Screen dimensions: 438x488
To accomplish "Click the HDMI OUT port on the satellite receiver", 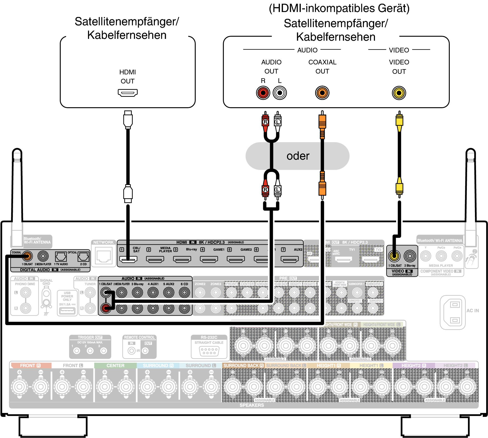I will [128, 93].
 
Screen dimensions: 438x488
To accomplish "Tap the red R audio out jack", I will [263, 93].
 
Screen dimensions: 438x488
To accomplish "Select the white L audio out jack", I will [280, 93].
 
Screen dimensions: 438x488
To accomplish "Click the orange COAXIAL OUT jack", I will [322, 93].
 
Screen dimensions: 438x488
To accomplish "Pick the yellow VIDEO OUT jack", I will [399, 93].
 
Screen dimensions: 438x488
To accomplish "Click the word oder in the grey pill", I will [298, 156].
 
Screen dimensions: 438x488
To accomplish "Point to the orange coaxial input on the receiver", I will [27, 256].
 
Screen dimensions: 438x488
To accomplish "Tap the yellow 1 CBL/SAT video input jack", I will [394, 256].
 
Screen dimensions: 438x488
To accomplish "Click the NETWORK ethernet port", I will [104, 256].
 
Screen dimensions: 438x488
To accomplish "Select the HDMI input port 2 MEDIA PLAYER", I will [155, 259].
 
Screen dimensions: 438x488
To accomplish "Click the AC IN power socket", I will [455, 312].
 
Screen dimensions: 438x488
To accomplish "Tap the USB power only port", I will [67, 311].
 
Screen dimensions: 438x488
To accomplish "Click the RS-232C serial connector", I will [209, 351].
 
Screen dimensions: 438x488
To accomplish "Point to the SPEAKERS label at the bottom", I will [252, 405].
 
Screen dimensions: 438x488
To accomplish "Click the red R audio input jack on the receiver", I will [106, 308].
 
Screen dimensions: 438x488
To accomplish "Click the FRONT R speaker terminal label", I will [30, 365].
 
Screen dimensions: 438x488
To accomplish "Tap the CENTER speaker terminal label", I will [115, 365].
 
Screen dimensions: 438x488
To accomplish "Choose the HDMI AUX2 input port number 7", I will [290, 259].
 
